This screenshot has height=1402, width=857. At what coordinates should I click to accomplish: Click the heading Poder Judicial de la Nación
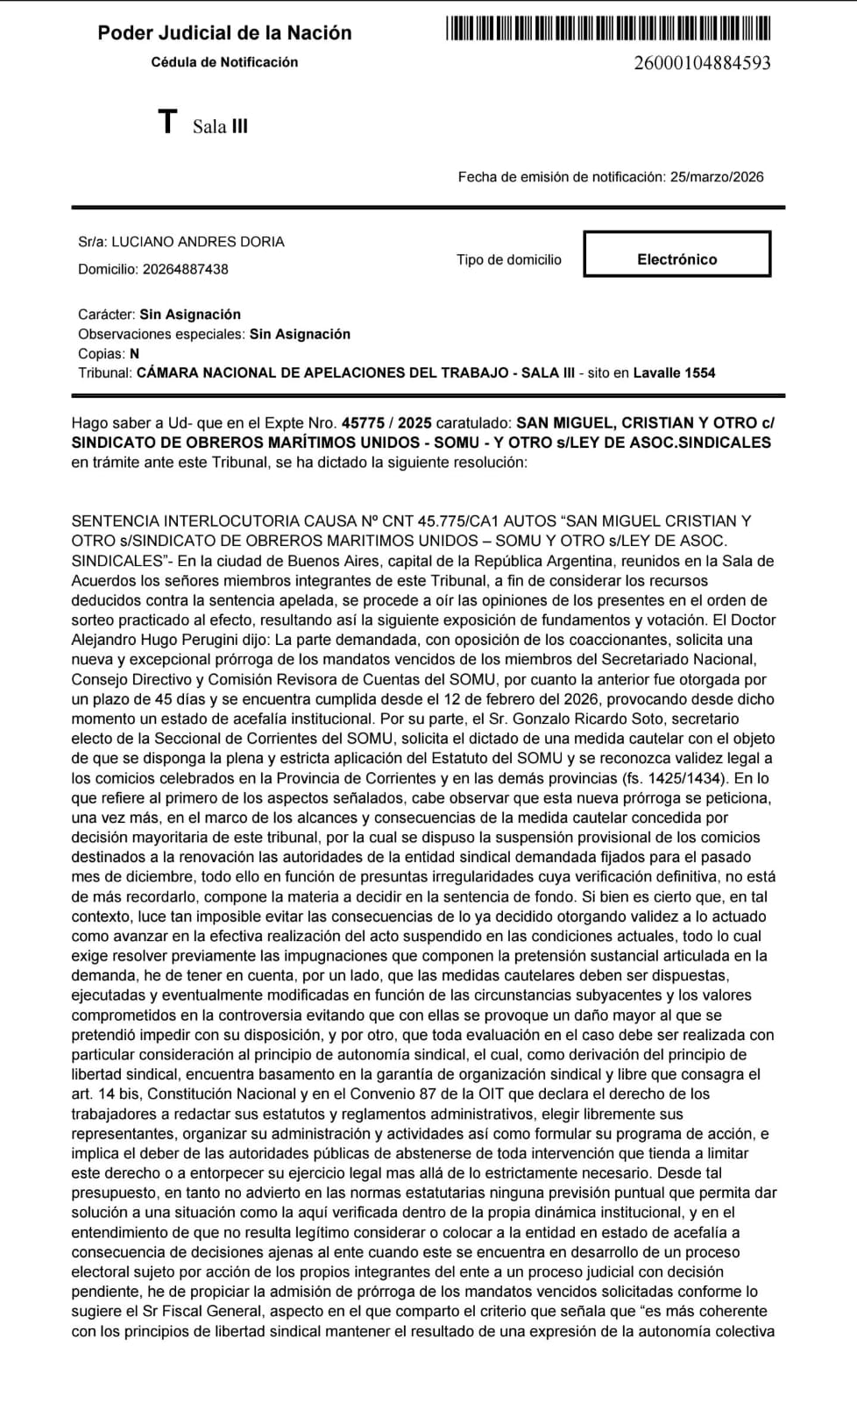224,33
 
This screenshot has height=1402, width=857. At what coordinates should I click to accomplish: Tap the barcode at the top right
608,28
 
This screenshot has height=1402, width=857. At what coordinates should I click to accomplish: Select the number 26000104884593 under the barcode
702,62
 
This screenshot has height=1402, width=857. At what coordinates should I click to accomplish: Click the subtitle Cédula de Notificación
224,62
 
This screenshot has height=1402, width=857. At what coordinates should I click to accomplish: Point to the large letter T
167,123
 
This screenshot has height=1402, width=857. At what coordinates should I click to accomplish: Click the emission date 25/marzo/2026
717,177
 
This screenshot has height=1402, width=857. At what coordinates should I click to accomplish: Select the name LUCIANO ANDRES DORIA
197,242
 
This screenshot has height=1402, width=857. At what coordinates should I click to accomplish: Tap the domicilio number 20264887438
185,269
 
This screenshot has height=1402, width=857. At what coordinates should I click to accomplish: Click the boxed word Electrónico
676,259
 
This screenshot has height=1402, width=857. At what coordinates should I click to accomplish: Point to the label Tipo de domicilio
508,259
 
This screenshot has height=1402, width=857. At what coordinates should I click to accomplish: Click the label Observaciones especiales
161,334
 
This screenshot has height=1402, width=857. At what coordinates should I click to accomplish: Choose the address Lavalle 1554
674,372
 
